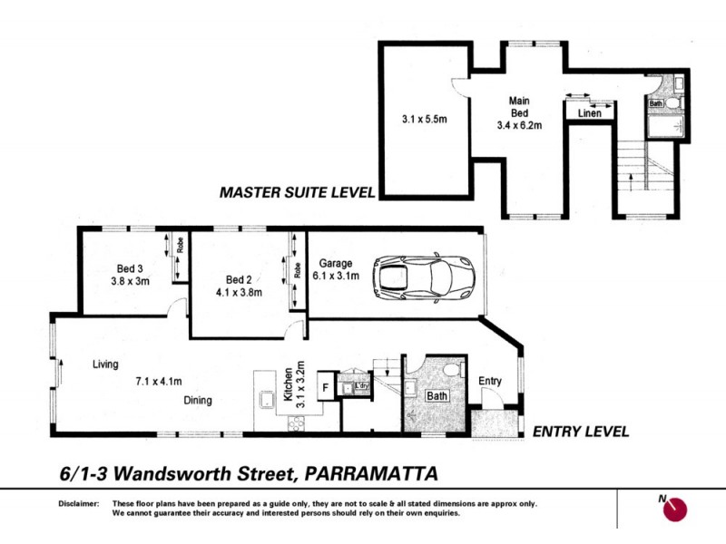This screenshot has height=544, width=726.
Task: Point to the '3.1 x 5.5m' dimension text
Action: (x=424, y=118)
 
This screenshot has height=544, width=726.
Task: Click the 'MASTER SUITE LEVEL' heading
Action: (x=296, y=191)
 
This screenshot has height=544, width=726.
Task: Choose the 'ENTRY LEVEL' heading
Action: (x=580, y=432)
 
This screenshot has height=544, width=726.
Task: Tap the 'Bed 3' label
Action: (x=130, y=268)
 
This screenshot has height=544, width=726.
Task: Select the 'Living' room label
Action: (x=106, y=364)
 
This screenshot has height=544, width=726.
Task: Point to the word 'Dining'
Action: (x=197, y=400)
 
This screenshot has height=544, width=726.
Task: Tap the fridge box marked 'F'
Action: (x=325, y=387)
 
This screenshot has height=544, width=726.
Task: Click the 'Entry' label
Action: (x=489, y=381)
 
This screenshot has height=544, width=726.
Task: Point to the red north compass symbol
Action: (x=674, y=510)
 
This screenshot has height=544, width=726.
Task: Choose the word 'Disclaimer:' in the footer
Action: (x=77, y=504)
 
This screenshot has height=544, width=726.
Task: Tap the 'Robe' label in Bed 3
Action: (x=181, y=244)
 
